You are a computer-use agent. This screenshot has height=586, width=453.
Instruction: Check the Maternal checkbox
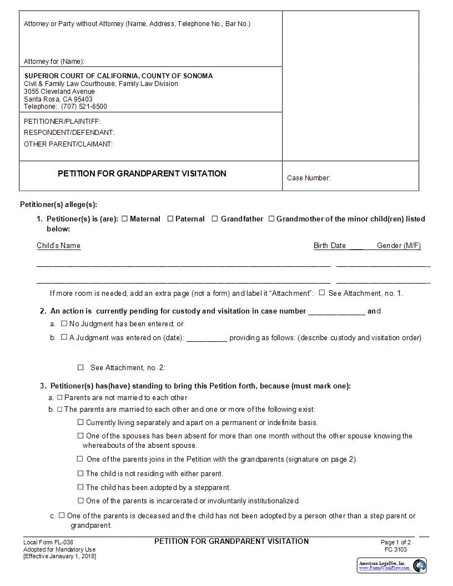click(125, 219)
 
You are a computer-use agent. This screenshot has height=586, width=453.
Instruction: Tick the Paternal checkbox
click(170, 219)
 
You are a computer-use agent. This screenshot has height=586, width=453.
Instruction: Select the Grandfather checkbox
click(215, 219)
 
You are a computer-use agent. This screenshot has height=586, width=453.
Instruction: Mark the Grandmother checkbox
click(271, 219)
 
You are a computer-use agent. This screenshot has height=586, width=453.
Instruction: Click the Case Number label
click(308, 178)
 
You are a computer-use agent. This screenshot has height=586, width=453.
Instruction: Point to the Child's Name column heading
click(58, 245)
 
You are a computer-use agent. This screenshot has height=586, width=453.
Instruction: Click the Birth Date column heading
click(330, 245)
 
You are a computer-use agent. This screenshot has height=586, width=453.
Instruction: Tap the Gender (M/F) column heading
click(399, 245)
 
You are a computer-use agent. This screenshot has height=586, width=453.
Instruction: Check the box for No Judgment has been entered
click(64, 323)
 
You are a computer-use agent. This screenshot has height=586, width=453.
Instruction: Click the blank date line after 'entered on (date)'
click(207, 338)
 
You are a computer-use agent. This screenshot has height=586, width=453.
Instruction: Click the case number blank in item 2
click(336, 311)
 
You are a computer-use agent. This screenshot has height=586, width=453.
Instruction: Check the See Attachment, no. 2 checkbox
click(80, 367)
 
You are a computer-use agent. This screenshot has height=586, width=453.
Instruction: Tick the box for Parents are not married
click(60, 397)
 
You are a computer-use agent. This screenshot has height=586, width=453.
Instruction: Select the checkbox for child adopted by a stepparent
click(80, 487)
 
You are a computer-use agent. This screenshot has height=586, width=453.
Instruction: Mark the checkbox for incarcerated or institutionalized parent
click(80, 501)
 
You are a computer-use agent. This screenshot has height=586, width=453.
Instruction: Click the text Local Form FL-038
click(48, 542)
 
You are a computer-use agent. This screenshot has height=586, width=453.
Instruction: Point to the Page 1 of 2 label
click(396, 542)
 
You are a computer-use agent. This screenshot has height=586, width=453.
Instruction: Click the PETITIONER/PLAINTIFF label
click(62, 121)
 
